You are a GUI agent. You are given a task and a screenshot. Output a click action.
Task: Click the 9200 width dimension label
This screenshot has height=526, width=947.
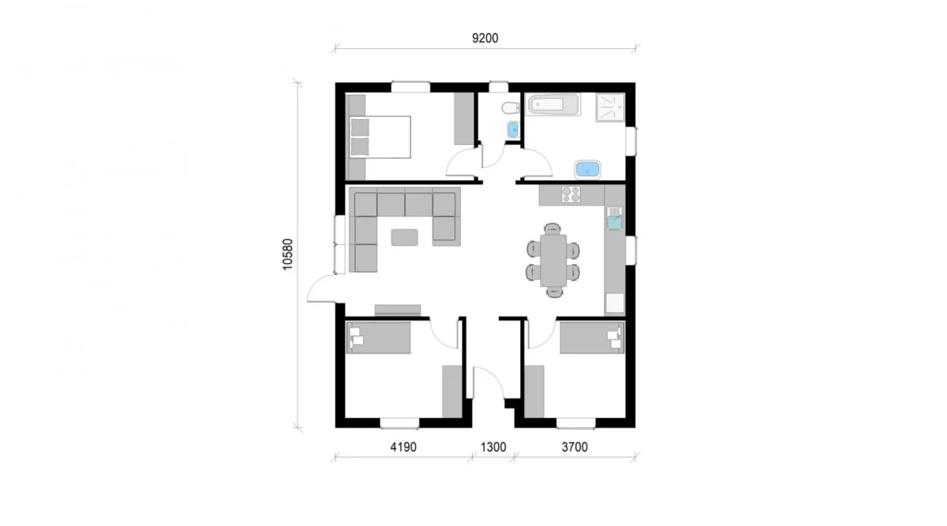tap(486, 38)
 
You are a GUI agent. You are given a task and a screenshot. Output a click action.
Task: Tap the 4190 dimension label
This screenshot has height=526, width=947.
tap(402, 447)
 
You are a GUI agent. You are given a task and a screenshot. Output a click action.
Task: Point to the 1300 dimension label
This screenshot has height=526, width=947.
tap(492, 447)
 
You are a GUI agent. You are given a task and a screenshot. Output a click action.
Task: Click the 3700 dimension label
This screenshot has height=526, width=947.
tap(574, 447)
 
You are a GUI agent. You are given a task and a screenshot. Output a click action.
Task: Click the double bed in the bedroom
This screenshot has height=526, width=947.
tap(380, 136)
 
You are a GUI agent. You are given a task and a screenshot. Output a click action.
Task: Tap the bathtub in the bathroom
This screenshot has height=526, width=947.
tap(553, 105)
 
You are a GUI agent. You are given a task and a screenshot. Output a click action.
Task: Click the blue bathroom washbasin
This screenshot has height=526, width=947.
tap(588, 169)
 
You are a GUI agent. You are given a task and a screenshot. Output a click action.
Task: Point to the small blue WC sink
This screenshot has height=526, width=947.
tap(512, 129)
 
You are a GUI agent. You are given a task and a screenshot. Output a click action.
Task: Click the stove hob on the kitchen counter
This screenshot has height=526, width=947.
tap(570, 194)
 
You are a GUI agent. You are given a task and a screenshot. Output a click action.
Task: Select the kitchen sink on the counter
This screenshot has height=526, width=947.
tap(614, 219)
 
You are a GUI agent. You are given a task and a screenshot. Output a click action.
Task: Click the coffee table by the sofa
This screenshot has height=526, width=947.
tap(406, 236)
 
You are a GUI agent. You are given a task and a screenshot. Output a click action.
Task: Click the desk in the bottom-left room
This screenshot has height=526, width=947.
tap(379, 338)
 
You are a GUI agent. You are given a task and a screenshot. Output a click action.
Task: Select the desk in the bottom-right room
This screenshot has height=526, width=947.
tap(592, 338)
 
